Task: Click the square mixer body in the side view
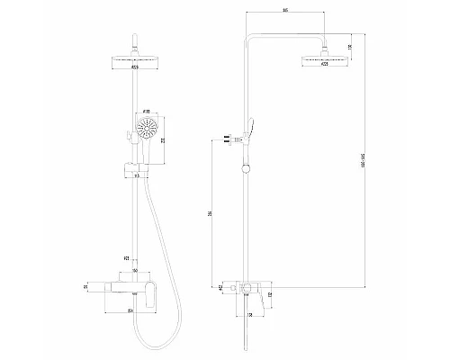coord(244,289)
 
